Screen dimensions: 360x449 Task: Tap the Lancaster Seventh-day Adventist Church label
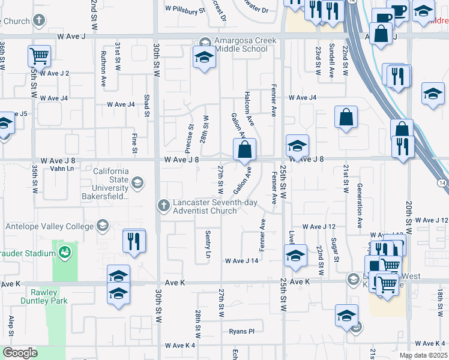pos(213,206)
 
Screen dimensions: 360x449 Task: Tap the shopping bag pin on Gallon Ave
pos(244,151)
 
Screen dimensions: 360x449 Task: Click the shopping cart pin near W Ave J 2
pos(38,56)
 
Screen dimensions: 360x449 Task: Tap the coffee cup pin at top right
pos(398,13)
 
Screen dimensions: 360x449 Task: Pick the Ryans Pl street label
pos(242,331)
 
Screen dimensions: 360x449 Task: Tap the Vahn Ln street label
pos(62,169)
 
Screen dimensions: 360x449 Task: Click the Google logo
pos(20,353)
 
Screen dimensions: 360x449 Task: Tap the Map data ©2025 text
pos(423,355)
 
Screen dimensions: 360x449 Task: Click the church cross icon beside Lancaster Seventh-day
pos(163,206)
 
